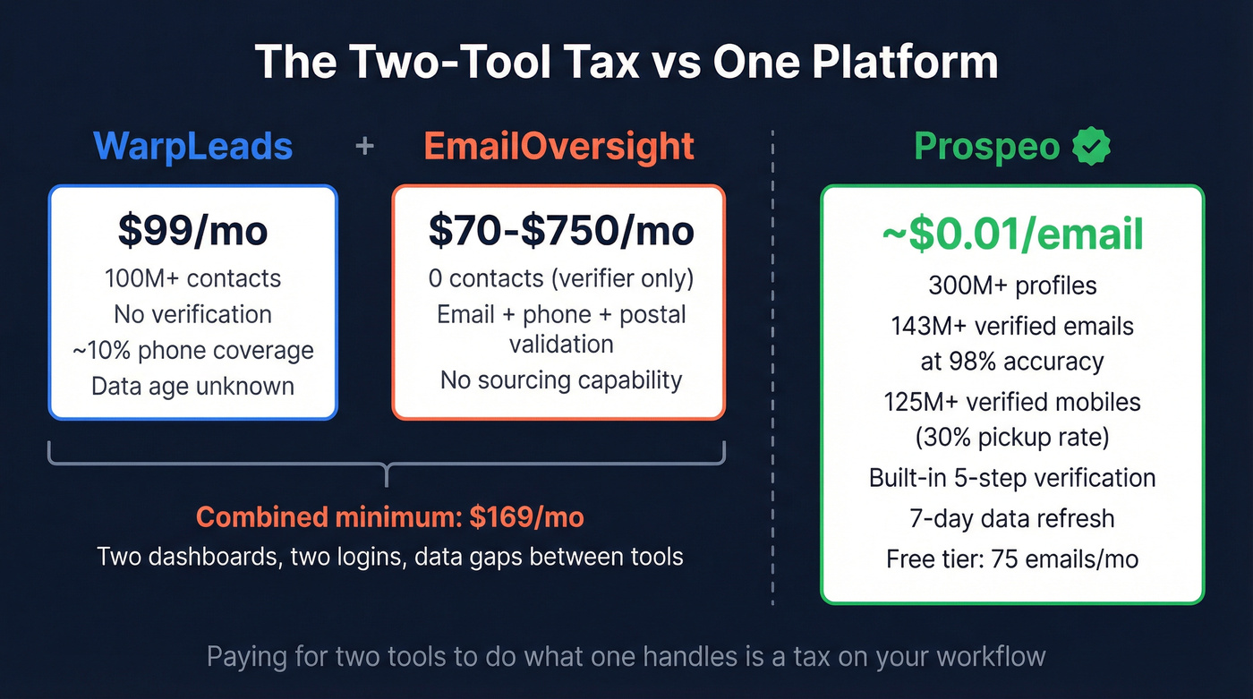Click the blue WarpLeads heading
click(192, 147)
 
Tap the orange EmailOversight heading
click(558, 147)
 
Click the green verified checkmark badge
click(1091, 147)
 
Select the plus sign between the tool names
click(364, 146)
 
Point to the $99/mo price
click(192, 230)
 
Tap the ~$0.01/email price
click(1012, 234)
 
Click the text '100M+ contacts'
click(192, 278)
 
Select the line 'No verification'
click(192, 314)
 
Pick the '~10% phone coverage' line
click(192, 350)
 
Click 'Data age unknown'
click(192, 386)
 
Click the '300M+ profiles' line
click(1012, 286)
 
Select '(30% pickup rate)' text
click(1012, 438)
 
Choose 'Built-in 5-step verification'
click(1012, 477)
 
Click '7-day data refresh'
click(1012, 518)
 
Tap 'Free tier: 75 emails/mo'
click(1012, 559)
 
